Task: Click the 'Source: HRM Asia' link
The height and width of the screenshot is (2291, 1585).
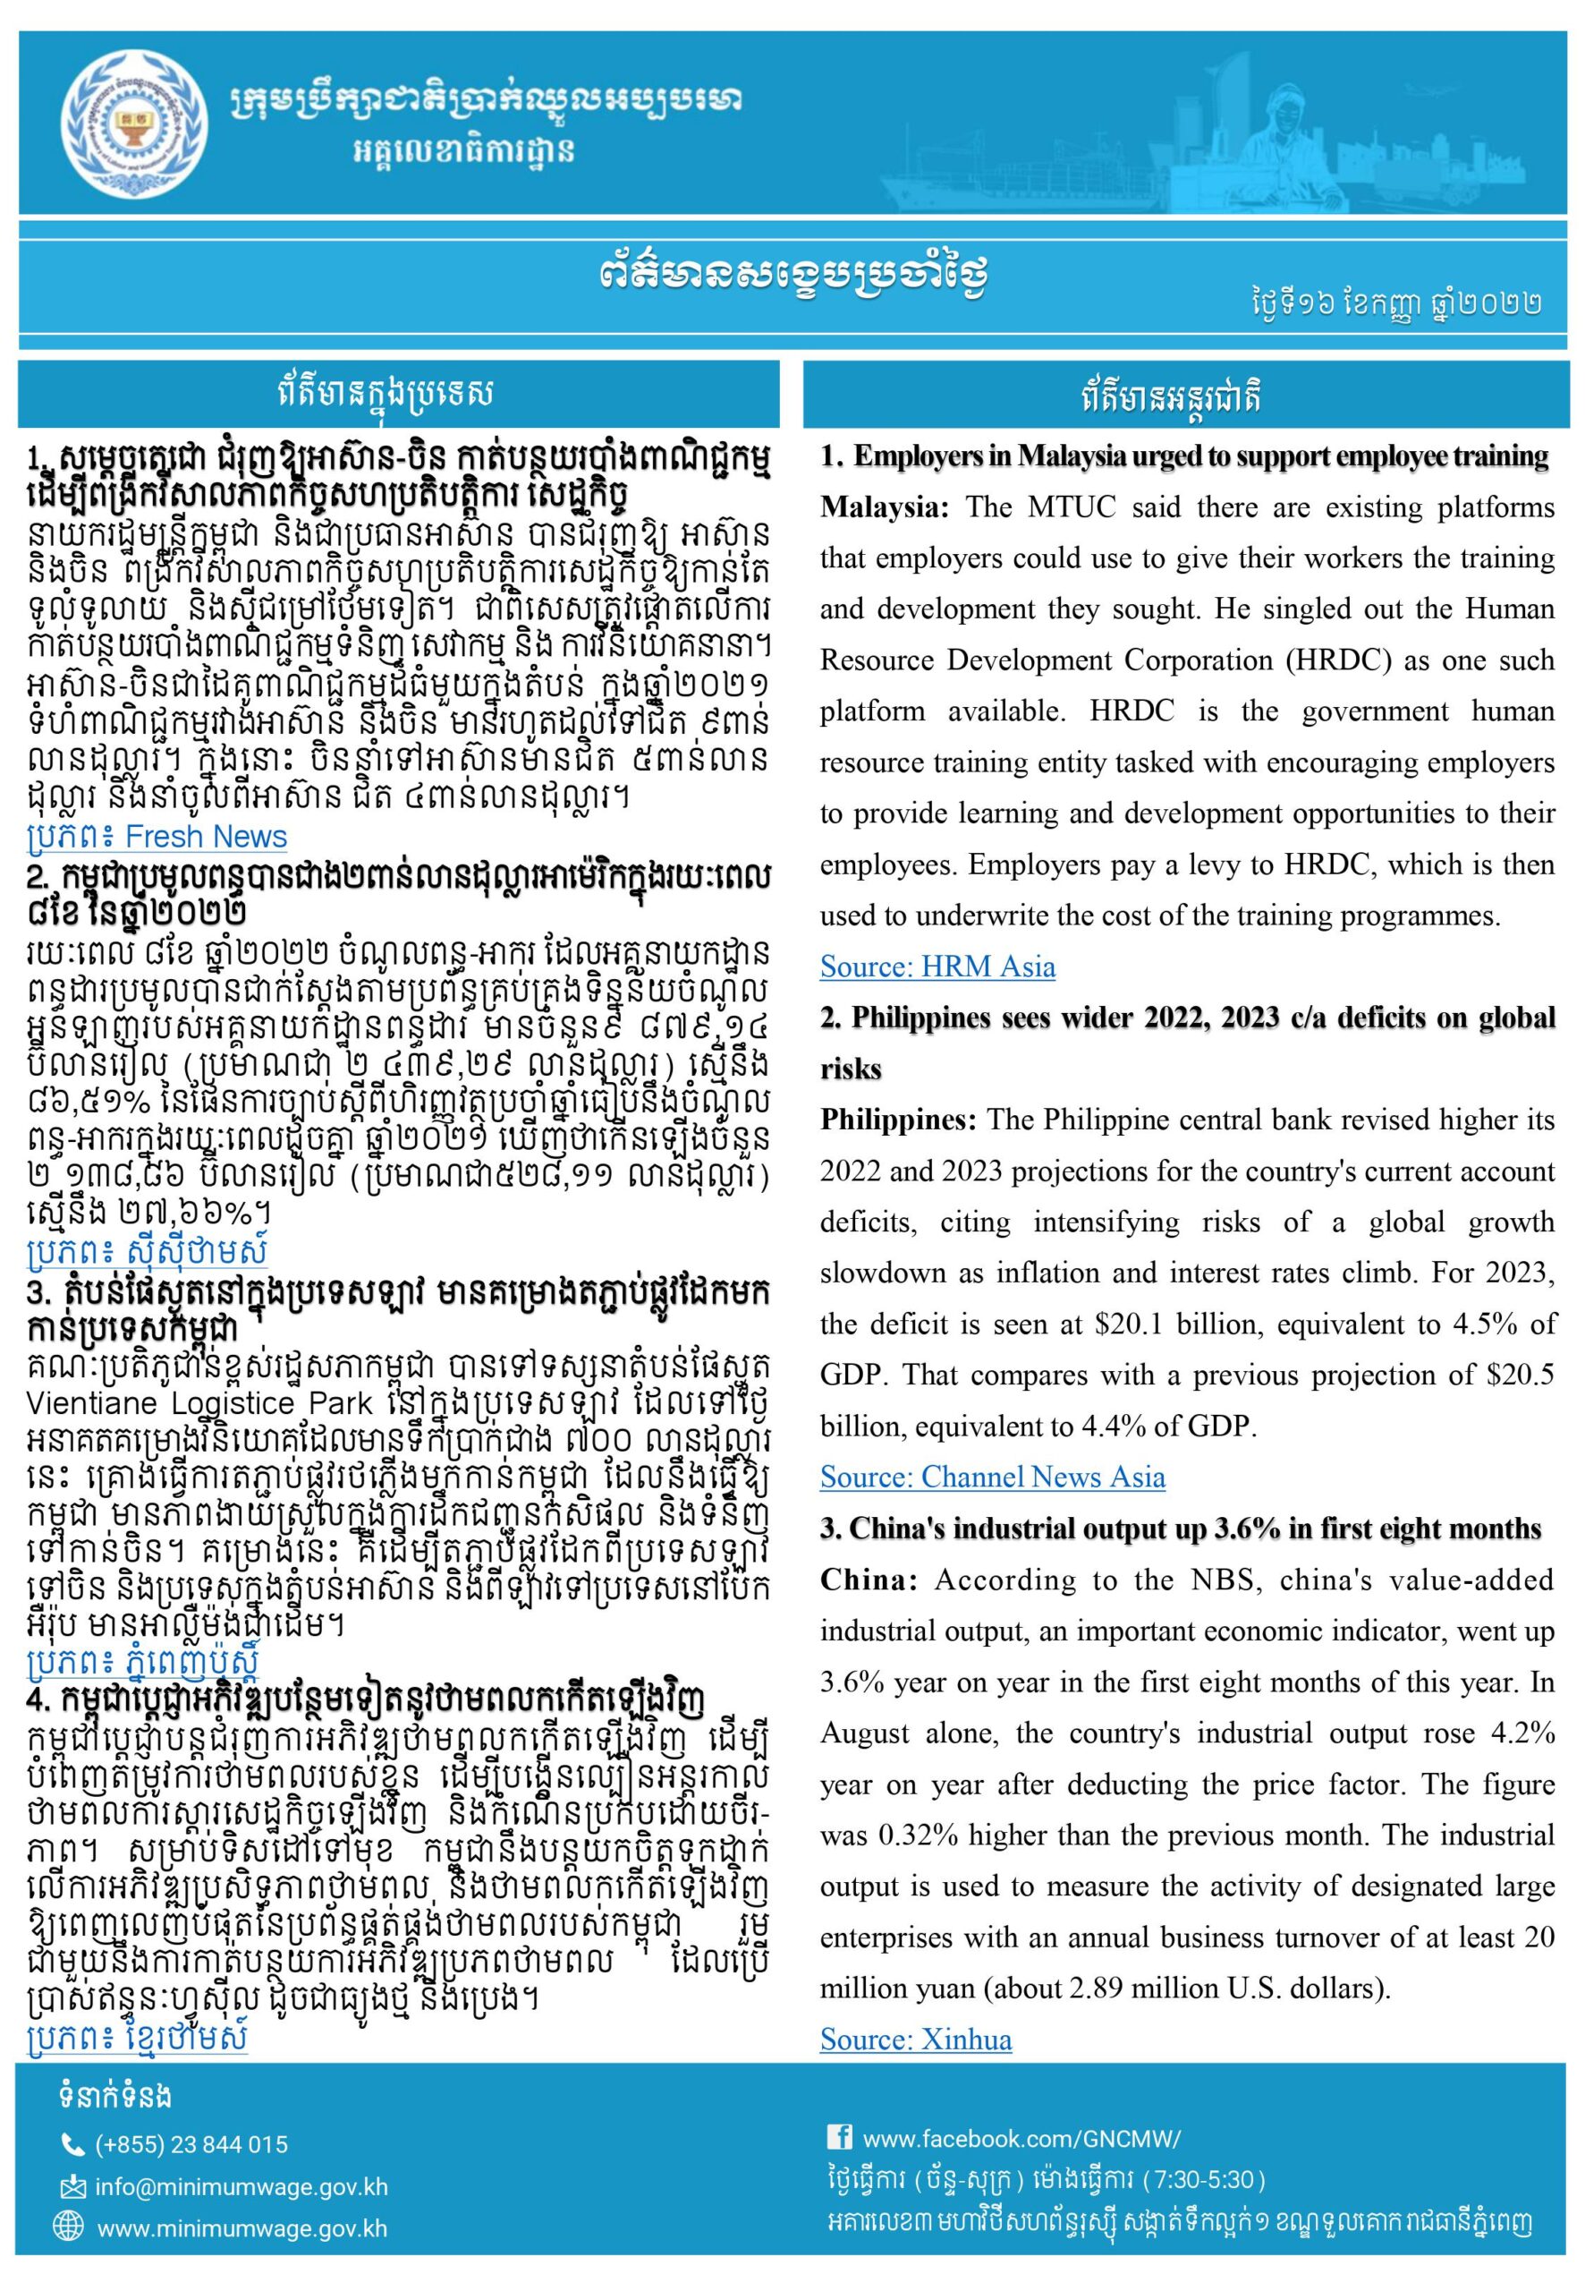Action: (x=937, y=967)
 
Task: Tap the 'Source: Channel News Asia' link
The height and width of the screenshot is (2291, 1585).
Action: (x=992, y=1478)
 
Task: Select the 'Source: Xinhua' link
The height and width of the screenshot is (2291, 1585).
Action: (x=915, y=2040)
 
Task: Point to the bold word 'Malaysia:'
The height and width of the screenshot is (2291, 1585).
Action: (x=884, y=507)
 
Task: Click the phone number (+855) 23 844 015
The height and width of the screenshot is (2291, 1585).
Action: (x=191, y=2145)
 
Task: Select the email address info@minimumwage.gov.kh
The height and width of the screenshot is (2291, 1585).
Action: (x=242, y=2188)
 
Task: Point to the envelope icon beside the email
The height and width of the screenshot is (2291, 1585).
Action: (x=72, y=2188)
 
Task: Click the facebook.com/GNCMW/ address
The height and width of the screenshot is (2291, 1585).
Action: (x=1021, y=2139)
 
